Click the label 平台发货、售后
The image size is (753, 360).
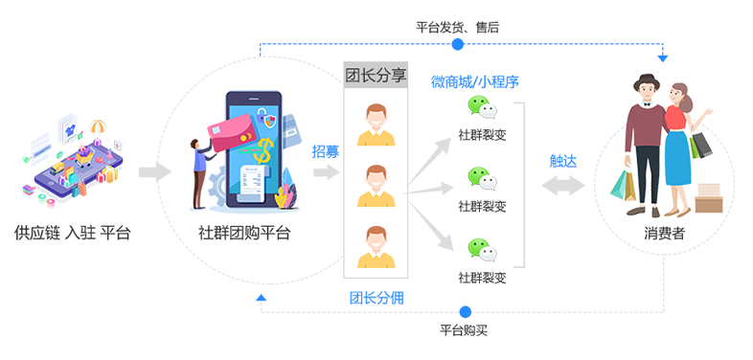tap(457, 28)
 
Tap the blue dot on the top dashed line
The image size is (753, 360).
tap(458, 44)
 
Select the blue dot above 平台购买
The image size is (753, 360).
tap(465, 312)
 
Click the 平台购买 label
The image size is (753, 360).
tap(464, 330)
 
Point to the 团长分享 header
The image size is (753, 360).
tap(376, 76)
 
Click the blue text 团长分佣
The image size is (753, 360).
tap(376, 298)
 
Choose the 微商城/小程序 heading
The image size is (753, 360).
tap(474, 82)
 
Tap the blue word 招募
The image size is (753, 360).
tap(326, 151)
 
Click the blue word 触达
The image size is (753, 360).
tap(562, 162)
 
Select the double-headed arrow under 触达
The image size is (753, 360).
tap(563, 186)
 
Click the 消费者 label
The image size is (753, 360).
tap(664, 234)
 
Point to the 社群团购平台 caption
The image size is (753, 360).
tap(244, 234)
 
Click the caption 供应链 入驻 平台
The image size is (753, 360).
tap(73, 234)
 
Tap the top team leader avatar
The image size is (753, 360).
tap(376, 124)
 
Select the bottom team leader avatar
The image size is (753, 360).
tap(376, 247)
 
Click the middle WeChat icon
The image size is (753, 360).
tap(482, 178)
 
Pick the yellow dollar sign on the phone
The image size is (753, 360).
tap(264, 148)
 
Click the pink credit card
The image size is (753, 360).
tap(233, 133)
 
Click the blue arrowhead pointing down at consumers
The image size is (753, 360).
tap(663, 58)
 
